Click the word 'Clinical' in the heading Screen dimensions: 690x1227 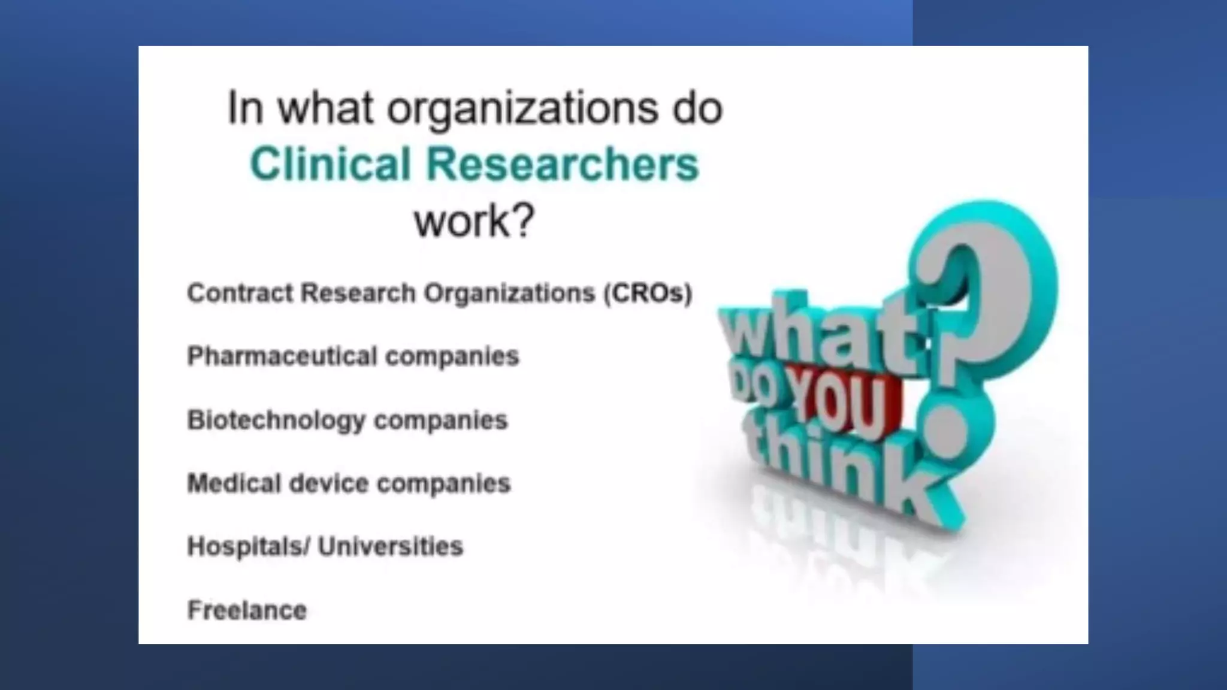pos(330,164)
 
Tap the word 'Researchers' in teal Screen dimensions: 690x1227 pos(563,164)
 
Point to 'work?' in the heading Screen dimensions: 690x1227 pos(474,221)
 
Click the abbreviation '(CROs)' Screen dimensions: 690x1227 pos(648,293)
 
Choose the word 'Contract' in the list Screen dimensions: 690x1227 pos(240,293)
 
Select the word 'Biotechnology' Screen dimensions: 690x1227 pos(276,420)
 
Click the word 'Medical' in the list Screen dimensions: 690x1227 pos(234,483)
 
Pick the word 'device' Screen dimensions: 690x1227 pos(328,483)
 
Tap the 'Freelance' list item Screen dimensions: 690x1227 pos(247,610)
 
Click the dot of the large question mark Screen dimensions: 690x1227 pos(947,428)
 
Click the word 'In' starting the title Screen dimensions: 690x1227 pos(245,108)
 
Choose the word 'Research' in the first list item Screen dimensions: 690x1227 pos(358,293)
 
